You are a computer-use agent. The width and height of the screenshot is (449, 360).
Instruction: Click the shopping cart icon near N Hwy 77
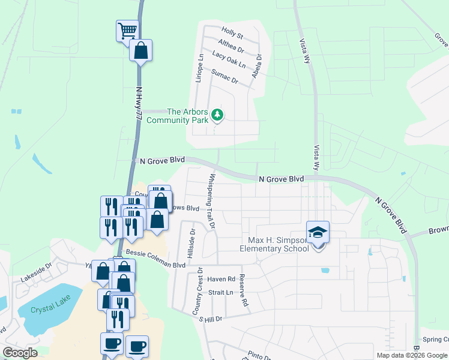126,30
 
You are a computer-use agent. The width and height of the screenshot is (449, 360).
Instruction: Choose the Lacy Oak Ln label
229,59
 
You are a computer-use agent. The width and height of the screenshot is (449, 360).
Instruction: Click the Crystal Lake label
53,305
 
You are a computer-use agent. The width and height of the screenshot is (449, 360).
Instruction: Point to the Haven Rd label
221,279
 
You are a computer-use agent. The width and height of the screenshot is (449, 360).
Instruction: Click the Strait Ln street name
220,292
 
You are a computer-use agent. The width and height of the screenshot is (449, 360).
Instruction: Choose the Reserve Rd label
244,290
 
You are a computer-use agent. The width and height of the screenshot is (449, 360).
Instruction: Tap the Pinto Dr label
261,356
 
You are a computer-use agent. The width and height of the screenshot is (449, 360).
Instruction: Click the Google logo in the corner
20,353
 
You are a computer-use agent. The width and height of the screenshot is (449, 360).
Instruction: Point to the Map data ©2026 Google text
411,355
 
